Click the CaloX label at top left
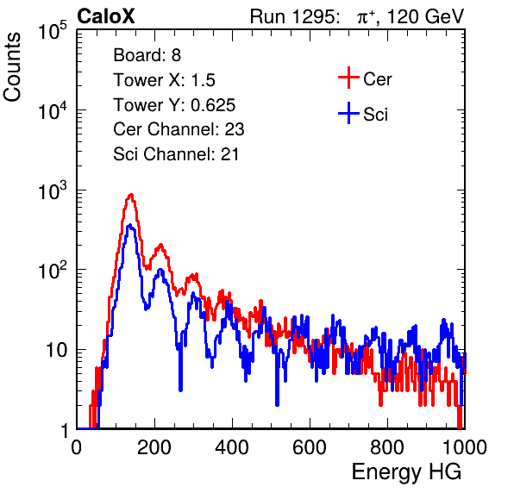click(x=106, y=16)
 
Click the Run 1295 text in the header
click(x=294, y=16)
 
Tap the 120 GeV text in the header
click(x=425, y=16)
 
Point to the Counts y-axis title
click(x=12, y=67)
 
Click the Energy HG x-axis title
click(x=406, y=472)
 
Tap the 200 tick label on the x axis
click(x=154, y=447)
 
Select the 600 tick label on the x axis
click(x=310, y=447)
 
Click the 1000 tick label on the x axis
click(x=465, y=447)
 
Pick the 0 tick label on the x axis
click(x=77, y=447)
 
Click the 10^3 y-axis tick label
click(x=53, y=190)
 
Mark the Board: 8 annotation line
click(x=147, y=55)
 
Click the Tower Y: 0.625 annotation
click(x=174, y=105)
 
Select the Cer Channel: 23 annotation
click(x=179, y=129)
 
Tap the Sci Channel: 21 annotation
click(x=176, y=154)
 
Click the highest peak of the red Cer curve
click(x=131, y=195)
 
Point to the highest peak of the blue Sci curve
click(x=130, y=225)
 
